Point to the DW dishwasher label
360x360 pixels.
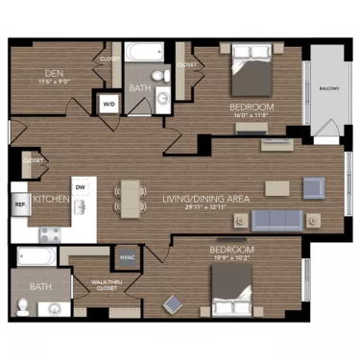click(x=80, y=187)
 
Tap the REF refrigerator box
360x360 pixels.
click(x=19, y=204)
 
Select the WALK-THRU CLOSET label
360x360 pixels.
click(x=108, y=285)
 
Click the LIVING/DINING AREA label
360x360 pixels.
click(x=205, y=197)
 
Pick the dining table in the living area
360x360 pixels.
click(x=129, y=198)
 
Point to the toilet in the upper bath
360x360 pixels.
click(x=163, y=73)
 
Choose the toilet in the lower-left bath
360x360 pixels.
click(x=22, y=308)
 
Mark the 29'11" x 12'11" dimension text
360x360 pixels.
click(x=205, y=206)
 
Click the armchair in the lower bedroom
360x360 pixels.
click(x=175, y=305)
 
